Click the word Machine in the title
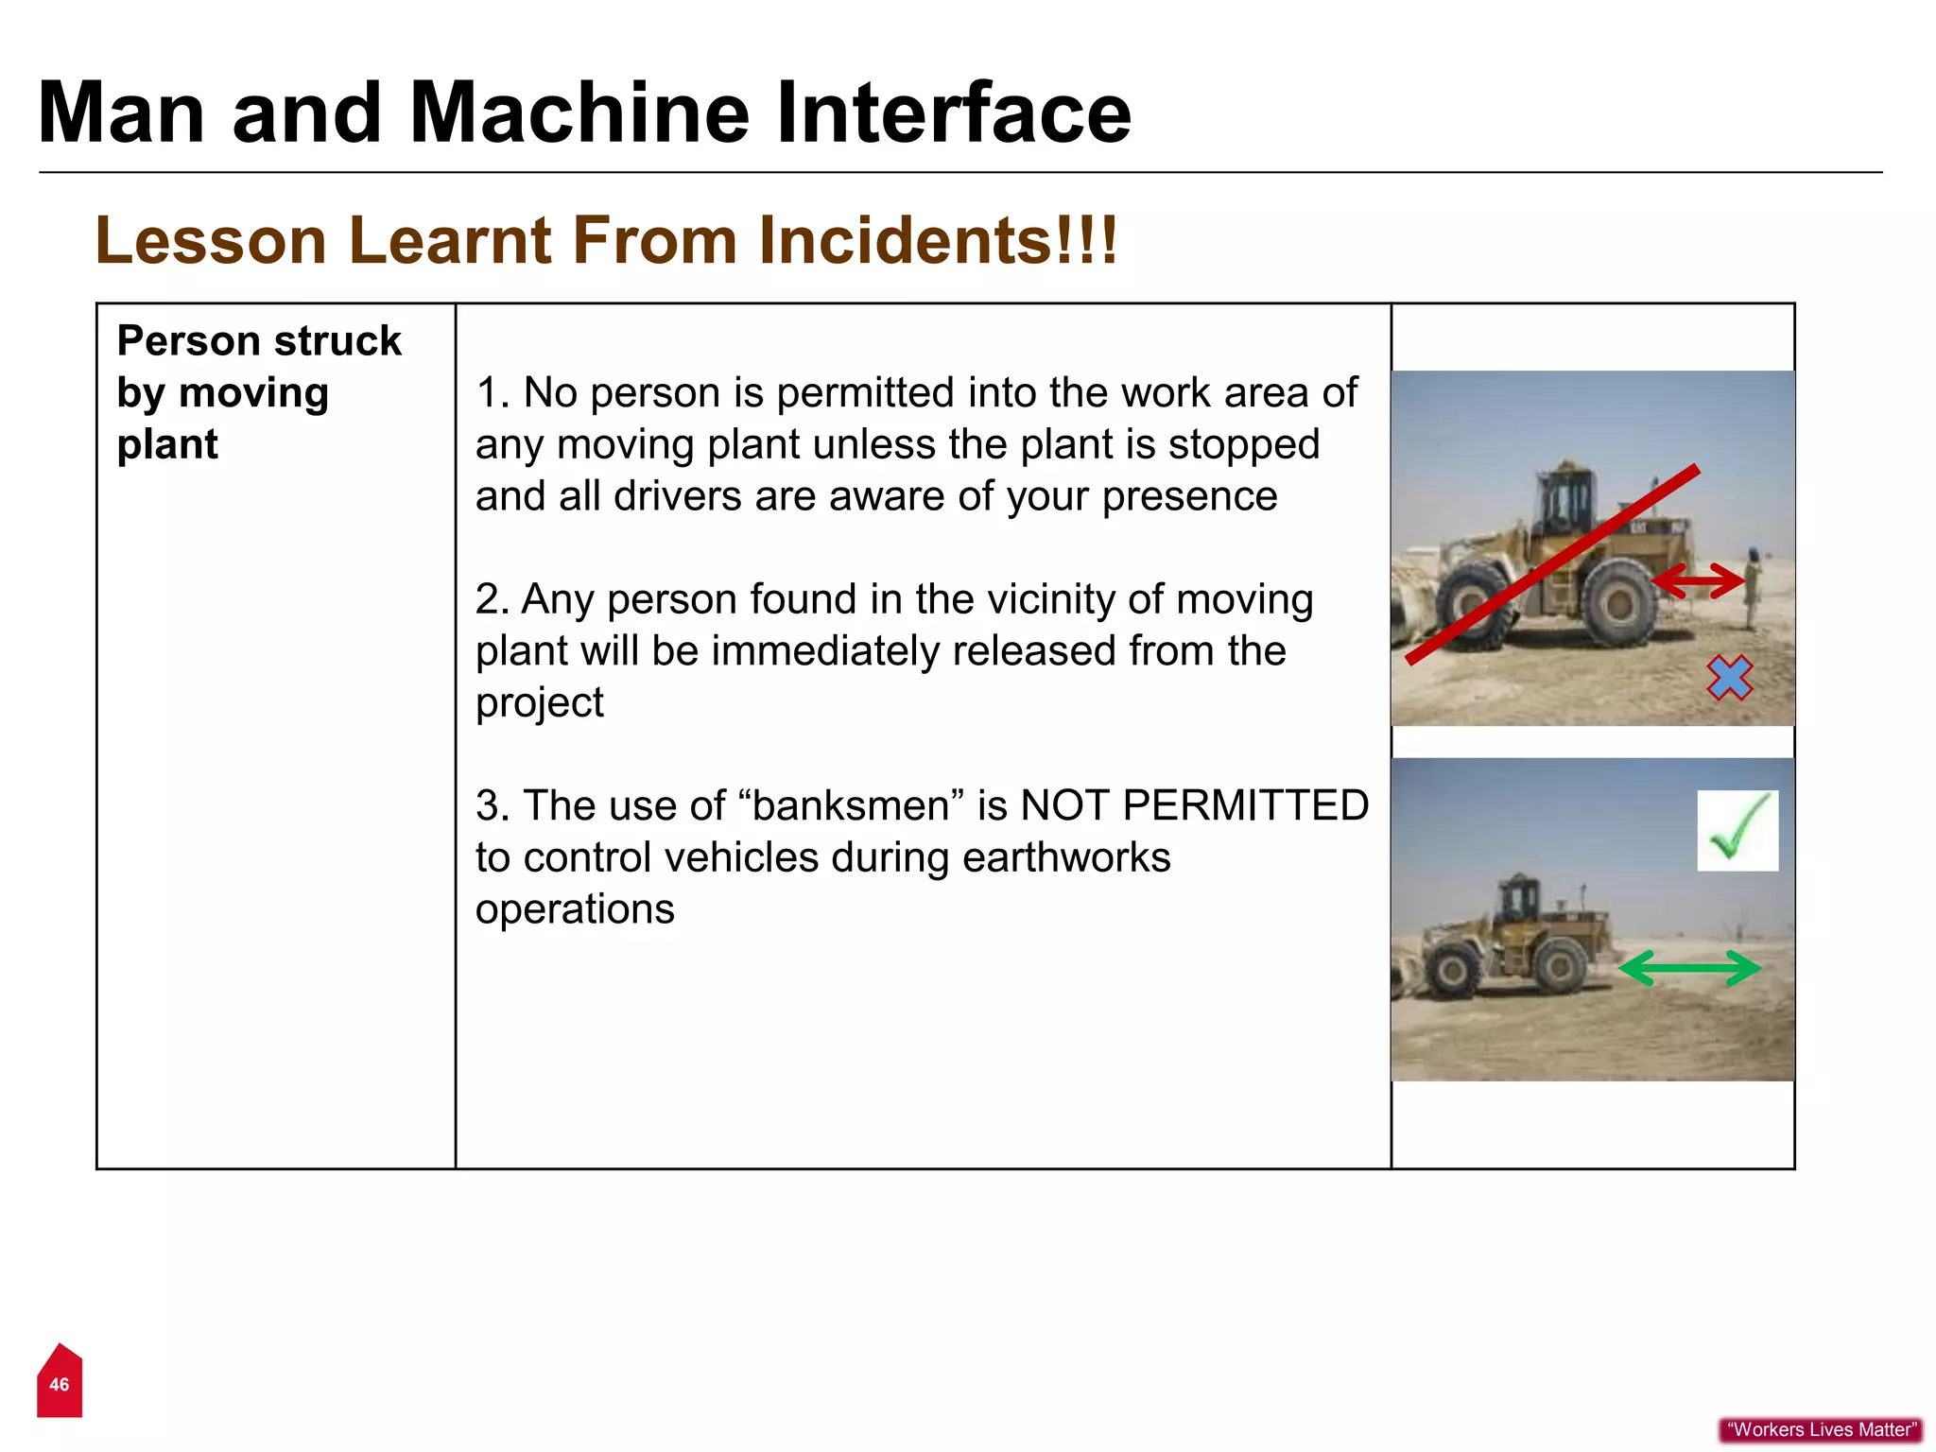click(x=579, y=113)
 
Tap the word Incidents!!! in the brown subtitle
click(x=938, y=240)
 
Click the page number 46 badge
click(x=60, y=1384)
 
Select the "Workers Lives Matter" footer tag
click(x=1821, y=1429)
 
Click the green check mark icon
click(x=1737, y=830)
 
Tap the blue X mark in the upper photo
click(x=1729, y=678)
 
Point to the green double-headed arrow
click(x=1689, y=968)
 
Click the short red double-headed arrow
click(x=1698, y=580)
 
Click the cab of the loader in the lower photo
click(x=1519, y=898)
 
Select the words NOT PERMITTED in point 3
click(x=1194, y=806)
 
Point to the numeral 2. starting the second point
click(x=492, y=600)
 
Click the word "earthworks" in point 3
click(x=1066, y=858)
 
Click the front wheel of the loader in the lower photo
click(x=1450, y=971)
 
